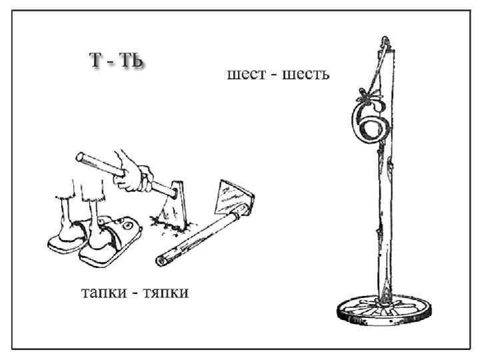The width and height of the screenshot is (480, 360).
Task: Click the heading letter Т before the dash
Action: (x=97, y=59)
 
